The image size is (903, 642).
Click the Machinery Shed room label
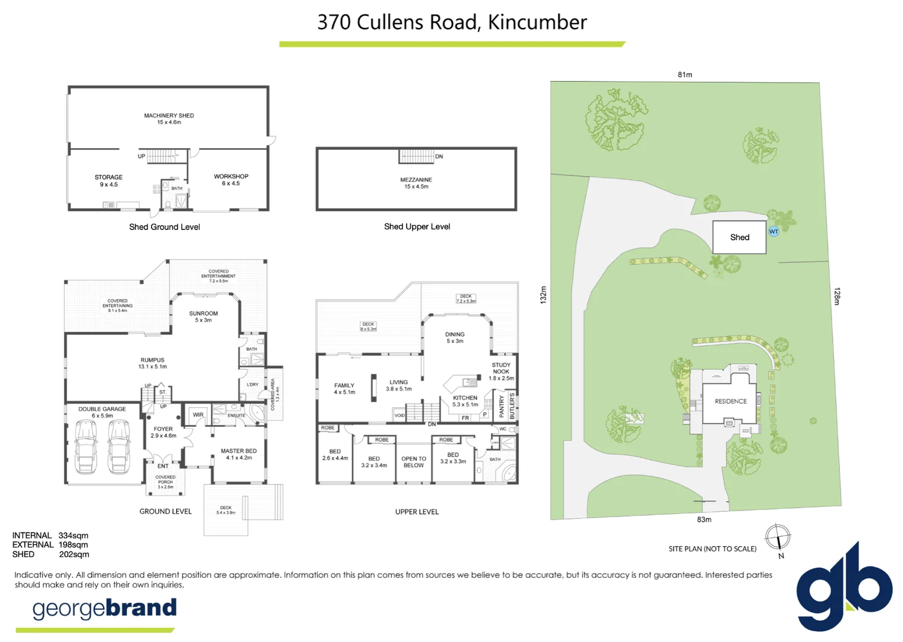(x=169, y=118)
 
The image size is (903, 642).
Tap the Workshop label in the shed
(x=231, y=180)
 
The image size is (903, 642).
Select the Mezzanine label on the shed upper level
(x=416, y=182)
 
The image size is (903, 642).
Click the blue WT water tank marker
(x=773, y=231)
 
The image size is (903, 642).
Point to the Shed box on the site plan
(x=740, y=237)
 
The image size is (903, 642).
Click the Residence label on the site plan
(x=731, y=401)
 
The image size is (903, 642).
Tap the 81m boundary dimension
(x=685, y=75)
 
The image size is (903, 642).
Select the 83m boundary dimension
(x=704, y=520)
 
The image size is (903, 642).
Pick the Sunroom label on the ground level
(x=203, y=316)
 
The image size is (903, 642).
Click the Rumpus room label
(x=152, y=363)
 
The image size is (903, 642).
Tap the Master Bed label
(x=238, y=454)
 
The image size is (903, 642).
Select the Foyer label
(x=163, y=432)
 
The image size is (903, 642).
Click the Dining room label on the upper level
(x=455, y=337)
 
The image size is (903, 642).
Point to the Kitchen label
(x=465, y=401)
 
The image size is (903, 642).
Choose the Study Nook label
(x=501, y=372)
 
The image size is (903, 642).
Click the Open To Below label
(x=414, y=462)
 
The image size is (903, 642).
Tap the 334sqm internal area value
(x=73, y=536)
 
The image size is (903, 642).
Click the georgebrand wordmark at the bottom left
(x=105, y=608)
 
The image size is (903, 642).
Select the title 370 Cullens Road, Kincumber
(x=452, y=23)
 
